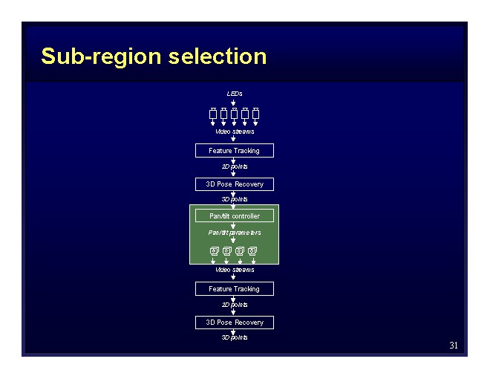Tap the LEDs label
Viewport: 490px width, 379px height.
(x=235, y=94)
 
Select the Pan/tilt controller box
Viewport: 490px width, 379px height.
(x=235, y=216)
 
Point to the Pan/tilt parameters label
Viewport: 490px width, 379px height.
(x=235, y=233)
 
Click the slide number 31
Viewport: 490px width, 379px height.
(x=454, y=346)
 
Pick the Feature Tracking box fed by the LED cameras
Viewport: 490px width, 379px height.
(x=235, y=151)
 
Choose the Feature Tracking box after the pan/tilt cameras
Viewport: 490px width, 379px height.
(x=235, y=289)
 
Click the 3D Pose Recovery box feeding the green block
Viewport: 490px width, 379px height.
(x=235, y=184)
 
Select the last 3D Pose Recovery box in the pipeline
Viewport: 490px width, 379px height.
(x=235, y=323)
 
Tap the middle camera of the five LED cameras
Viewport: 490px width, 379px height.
(x=235, y=114)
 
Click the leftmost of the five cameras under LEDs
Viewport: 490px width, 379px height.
(x=213, y=114)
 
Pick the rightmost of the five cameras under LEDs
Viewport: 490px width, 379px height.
(x=255, y=114)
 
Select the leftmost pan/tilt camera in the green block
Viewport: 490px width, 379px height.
(x=215, y=250)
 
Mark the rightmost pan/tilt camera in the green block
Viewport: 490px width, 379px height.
(x=252, y=250)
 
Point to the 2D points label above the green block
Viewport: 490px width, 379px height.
(x=235, y=166)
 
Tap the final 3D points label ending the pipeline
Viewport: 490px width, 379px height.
(x=235, y=337)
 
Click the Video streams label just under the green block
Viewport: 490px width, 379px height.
(x=235, y=270)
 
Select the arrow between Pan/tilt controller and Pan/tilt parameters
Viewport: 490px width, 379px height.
(x=234, y=225)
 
